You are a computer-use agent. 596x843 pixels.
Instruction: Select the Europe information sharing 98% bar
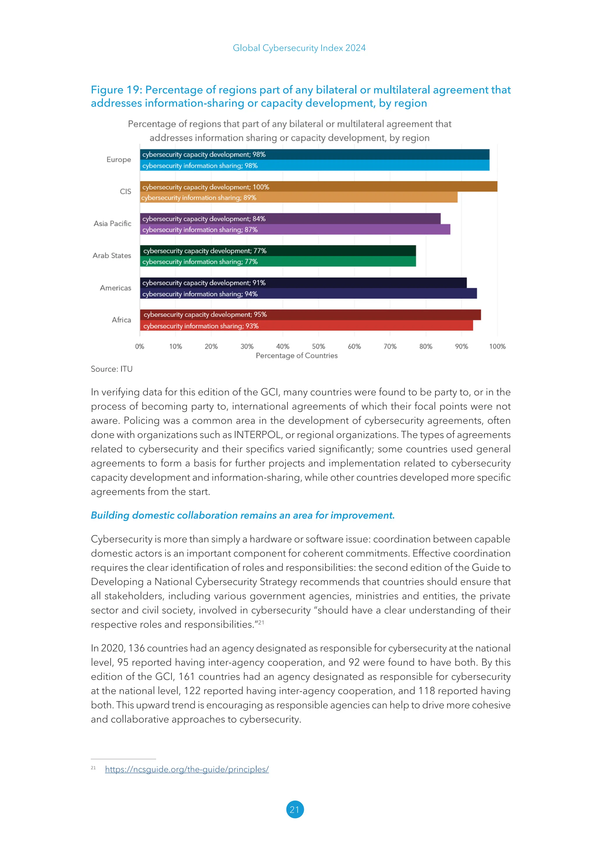point(315,166)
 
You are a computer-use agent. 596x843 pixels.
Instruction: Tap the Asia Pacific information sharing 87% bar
point(295,229)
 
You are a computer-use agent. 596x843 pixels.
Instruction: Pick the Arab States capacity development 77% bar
point(278,251)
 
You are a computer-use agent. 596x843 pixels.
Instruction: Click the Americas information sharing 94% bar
point(308,294)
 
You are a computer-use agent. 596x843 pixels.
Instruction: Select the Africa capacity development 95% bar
point(310,315)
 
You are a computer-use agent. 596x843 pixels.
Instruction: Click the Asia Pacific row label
point(112,224)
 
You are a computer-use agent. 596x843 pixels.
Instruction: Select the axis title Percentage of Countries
point(297,355)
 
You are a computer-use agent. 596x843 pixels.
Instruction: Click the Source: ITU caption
point(111,369)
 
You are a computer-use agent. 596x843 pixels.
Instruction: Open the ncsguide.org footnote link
point(187,769)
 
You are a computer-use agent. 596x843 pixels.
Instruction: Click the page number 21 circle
point(295,809)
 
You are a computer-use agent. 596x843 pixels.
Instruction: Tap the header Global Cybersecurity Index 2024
point(299,48)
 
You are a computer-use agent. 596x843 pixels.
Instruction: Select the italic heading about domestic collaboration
point(243,515)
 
